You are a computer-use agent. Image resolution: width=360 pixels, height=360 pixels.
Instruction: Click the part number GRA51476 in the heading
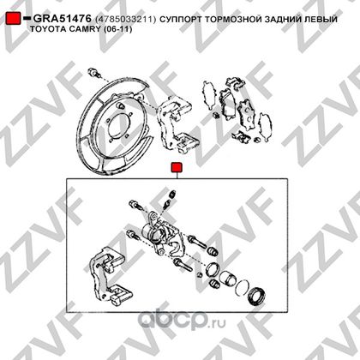[x=63, y=19]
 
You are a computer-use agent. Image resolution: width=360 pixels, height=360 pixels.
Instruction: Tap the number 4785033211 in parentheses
[x=126, y=19]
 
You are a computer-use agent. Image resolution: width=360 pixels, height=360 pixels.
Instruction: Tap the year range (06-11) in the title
[x=117, y=29]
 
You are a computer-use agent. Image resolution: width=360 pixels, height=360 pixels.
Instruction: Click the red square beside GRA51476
[x=13, y=18]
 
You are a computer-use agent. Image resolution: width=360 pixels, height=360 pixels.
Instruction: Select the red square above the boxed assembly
[x=177, y=168]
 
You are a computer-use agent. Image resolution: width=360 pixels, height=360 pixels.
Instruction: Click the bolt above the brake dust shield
[x=93, y=73]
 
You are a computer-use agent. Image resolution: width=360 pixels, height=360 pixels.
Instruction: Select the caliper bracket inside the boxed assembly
[x=109, y=275]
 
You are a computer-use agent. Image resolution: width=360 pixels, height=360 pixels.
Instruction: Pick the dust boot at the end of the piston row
[x=256, y=296]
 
